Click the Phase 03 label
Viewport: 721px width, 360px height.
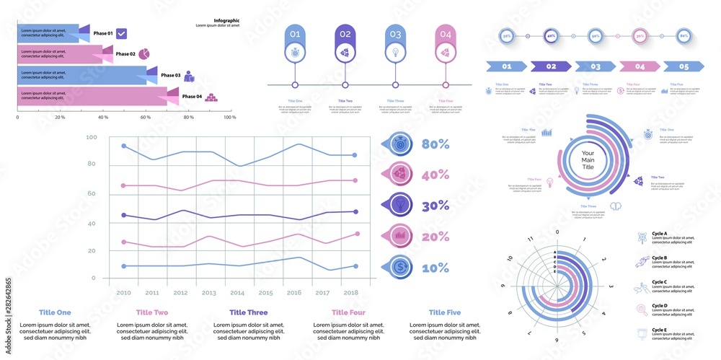pos(171,75)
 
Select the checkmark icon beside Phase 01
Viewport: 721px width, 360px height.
pos(122,33)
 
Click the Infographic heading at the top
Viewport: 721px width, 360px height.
pos(226,21)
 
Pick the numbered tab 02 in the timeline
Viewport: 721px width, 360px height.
pos(345,34)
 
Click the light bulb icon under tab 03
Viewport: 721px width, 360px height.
pos(395,52)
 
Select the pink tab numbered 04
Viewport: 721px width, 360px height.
pos(446,34)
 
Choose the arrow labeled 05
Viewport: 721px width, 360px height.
pos(684,66)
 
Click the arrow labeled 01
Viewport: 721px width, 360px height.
pos(506,66)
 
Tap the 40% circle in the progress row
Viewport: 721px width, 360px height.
pos(551,35)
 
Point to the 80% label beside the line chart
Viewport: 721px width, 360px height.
pos(435,144)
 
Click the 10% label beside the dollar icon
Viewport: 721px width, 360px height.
pos(435,268)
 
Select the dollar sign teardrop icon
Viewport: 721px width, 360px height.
pos(399,267)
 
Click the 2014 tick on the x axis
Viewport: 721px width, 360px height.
pos(237,293)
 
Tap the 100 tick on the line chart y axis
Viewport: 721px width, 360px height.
pos(91,137)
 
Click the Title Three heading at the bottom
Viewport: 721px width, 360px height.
pos(247,312)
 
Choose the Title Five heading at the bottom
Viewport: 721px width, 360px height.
pos(444,312)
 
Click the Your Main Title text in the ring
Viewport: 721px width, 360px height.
pos(588,160)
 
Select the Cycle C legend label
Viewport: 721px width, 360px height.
pos(659,282)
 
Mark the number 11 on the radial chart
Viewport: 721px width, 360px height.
pos(530,239)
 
